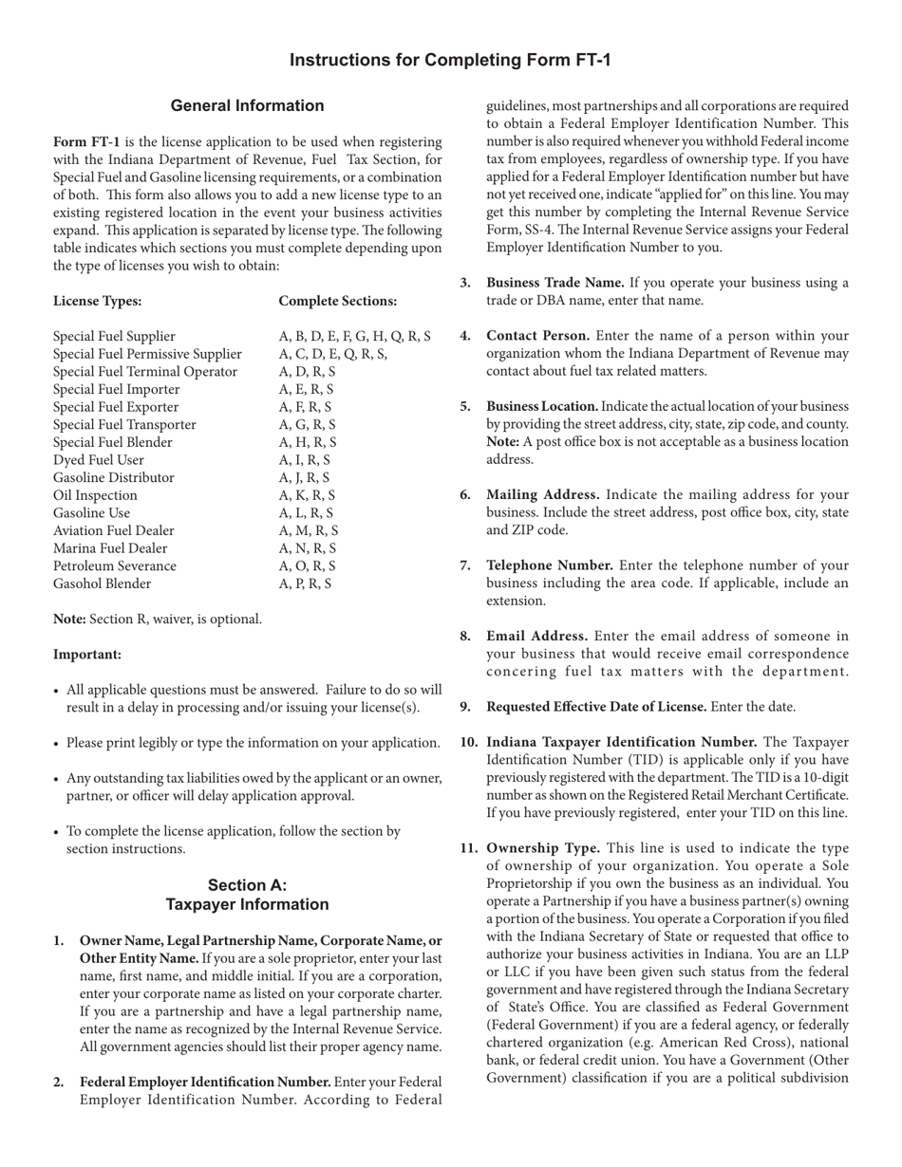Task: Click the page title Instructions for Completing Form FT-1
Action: [x=450, y=61]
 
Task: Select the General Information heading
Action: [x=247, y=106]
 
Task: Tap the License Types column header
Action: [x=98, y=301]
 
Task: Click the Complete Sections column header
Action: [x=338, y=301]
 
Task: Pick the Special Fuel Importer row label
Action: [x=116, y=389]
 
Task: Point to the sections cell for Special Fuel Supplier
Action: [x=354, y=336]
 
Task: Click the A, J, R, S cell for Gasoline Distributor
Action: [x=304, y=477]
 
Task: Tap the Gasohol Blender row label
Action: [x=102, y=583]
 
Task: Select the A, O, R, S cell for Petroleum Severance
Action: [x=307, y=566]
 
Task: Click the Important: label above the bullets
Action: [x=87, y=655]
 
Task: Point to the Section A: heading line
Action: [x=247, y=885]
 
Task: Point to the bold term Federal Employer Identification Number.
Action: [x=205, y=1083]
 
